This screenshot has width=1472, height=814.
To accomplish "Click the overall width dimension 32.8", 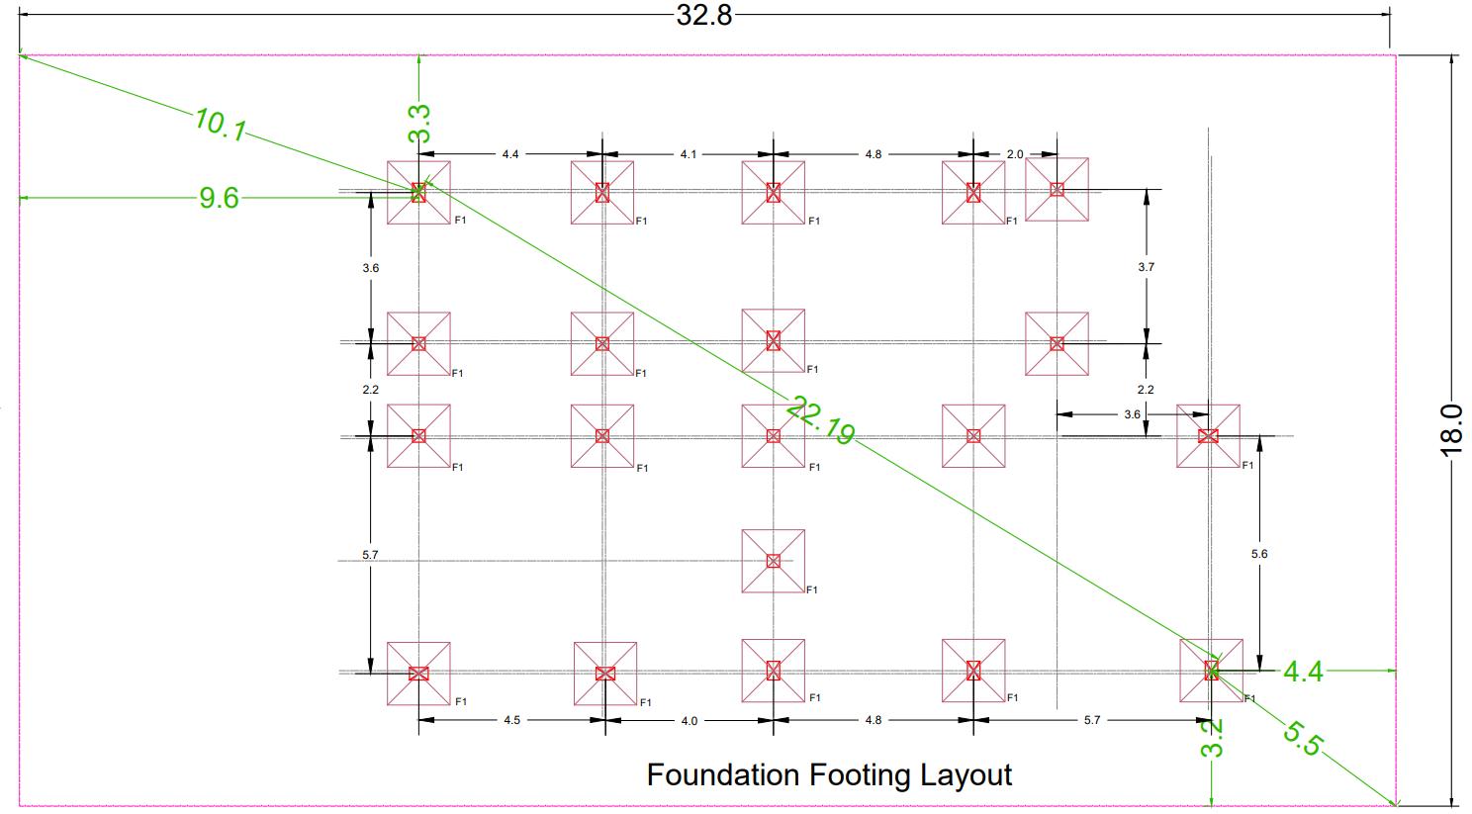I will pyautogui.click(x=704, y=15).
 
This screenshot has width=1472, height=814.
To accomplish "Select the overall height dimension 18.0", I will pyautogui.click(x=1451, y=427).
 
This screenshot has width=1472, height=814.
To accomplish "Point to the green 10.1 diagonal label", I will pyautogui.click(x=221, y=124).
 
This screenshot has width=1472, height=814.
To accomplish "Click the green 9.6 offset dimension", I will pyautogui.click(x=219, y=198).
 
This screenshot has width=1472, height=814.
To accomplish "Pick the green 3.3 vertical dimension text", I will pyautogui.click(x=419, y=124).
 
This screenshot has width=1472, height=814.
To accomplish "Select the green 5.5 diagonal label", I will pyautogui.click(x=1303, y=738).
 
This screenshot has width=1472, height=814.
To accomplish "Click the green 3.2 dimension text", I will pyautogui.click(x=1212, y=738).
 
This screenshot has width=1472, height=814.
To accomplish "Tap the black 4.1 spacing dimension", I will pyautogui.click(x=689, y=154).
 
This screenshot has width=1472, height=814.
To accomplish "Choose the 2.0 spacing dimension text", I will pyautogui.click(x=1015, y=154).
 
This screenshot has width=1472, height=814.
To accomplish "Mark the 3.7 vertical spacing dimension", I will pyautogui.click(x=1147, y=267).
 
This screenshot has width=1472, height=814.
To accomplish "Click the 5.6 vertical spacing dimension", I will pyautogui.click(x=1259, y=554).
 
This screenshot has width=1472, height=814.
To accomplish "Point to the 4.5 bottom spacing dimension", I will pyautogui.click(x=511, y=720).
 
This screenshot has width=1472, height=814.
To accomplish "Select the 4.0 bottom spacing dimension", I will pyautogui.click(x=689, y=720).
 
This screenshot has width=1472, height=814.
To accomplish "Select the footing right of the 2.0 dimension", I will pyautogui.click(x=1057, y=189).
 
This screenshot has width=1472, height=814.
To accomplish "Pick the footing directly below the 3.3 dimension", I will pyautogui.click(x=418, y=193).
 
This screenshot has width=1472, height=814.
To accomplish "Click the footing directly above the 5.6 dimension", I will pyautogui.click(x=1208, y=435).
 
